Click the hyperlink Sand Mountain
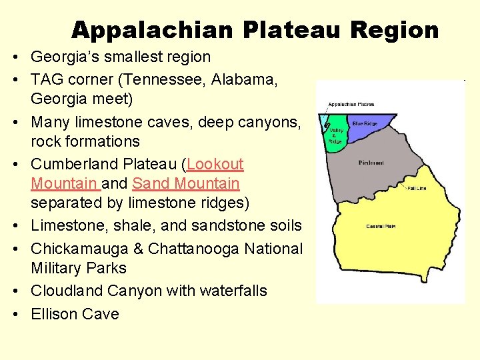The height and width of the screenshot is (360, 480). (x=185, y=183)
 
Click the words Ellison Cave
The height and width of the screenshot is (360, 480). (x=75, y=314)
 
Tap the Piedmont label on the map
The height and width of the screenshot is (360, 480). (x=371, y=162)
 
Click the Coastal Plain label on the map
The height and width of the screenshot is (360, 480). (x=381, y=227)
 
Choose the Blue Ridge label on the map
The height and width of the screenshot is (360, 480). (x=365, y=123)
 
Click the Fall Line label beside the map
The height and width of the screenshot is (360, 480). (x=417, y=189)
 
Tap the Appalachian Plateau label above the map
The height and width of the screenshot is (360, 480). (x=351, y=104)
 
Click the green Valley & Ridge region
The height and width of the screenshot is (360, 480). (x=336, y=140)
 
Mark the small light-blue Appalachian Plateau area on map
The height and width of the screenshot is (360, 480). (x=325, y=123)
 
